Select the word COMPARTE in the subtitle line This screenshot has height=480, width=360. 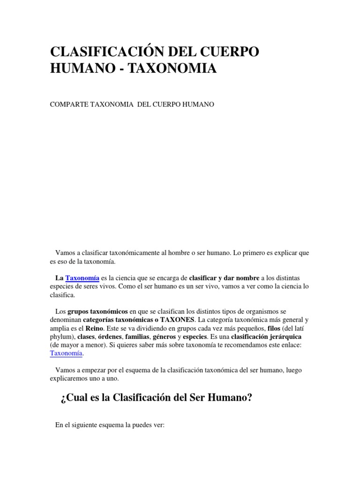(66, 105)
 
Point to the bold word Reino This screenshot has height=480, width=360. (94, 328)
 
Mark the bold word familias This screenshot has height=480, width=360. (135, 337)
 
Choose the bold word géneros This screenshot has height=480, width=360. (165, 337)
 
